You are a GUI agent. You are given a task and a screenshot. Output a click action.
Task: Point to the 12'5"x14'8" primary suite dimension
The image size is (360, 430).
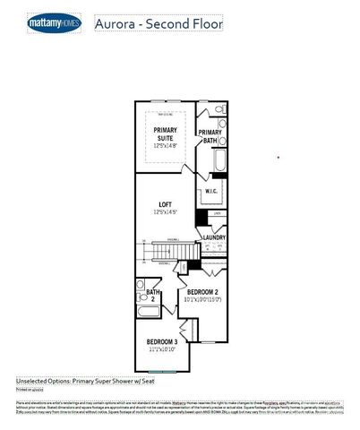coord(164,145)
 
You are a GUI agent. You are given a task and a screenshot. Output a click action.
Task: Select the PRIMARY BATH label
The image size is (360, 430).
coord(210,136)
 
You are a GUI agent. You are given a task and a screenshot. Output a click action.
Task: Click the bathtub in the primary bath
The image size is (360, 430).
coord(216,164)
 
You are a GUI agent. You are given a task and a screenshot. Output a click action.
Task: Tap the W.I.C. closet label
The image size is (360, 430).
coord(211,192)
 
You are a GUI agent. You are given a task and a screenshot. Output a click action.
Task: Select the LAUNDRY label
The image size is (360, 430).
coord(214,237)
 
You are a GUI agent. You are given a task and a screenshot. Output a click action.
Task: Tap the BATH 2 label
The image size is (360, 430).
coord(152,295)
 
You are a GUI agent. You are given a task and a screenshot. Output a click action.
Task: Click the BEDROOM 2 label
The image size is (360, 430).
coord(203,293)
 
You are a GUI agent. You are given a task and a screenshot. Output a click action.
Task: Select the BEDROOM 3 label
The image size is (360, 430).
coord(163,342)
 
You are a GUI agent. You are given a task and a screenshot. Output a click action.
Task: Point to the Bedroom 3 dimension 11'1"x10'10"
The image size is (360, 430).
coord(163,349)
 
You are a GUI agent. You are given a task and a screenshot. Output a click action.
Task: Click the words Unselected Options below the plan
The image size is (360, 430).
coord(45,380)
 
